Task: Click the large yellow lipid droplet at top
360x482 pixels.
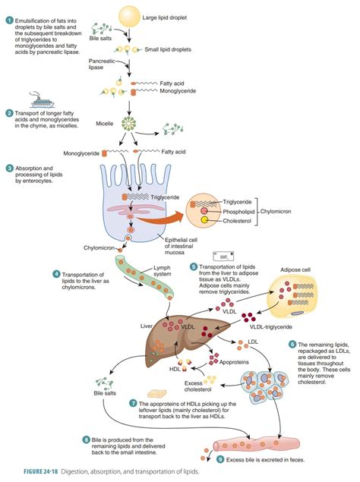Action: pyautogui.click(x=131, y=14)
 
